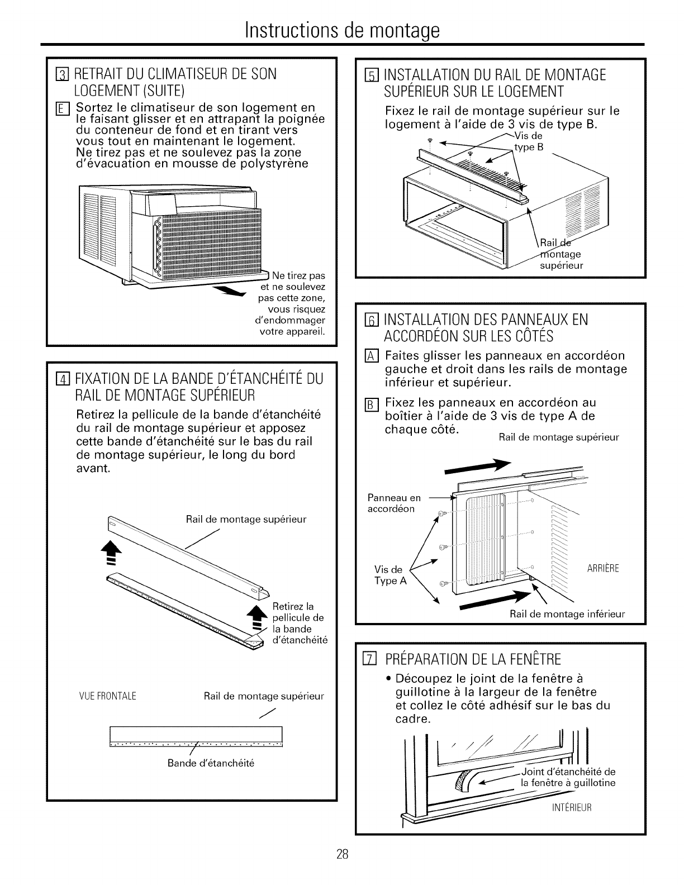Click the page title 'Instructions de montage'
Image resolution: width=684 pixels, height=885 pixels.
(x=342, y=28)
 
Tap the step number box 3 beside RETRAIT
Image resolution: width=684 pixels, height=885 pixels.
(x=63, y=74)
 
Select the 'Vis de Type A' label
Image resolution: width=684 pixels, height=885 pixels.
(x=389, y=575)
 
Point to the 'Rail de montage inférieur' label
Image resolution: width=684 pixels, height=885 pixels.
(x=567, y=614)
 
